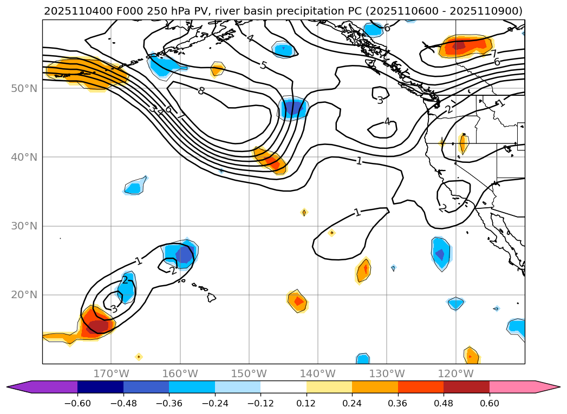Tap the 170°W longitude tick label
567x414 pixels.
[111, 373]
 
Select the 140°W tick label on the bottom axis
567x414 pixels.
[317, 373]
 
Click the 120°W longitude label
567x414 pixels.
[455, 373]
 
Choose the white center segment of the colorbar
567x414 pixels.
[283, 386]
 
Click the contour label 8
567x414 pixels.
[201, 91]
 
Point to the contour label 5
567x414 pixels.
[263, 65]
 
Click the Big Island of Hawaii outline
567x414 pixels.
[211, 297]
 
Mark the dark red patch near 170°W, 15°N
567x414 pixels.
[98, 326]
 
